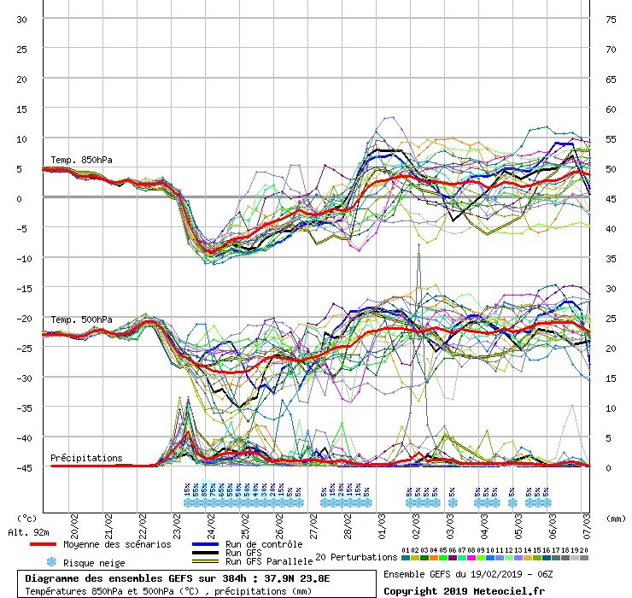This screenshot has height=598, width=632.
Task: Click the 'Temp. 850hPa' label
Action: click(81, 160)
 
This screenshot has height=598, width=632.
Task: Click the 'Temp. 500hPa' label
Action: click(81, 320)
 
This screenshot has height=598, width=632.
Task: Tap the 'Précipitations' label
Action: click(86, 458)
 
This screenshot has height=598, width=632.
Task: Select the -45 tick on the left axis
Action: click(20, 468)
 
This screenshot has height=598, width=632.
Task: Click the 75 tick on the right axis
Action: click(611, 20)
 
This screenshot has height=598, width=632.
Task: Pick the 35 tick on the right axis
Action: click(611, 259)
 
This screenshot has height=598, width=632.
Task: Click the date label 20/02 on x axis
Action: click(74, 521)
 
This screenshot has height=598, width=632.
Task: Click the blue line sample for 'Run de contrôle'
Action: click(205, 544)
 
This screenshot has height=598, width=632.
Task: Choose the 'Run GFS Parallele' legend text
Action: click(268, 562)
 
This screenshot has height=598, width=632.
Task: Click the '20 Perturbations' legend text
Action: click(356, 557)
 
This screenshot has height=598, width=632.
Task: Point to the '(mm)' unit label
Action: click(616, 518)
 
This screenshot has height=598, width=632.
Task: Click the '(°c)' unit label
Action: click(26, 518)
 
